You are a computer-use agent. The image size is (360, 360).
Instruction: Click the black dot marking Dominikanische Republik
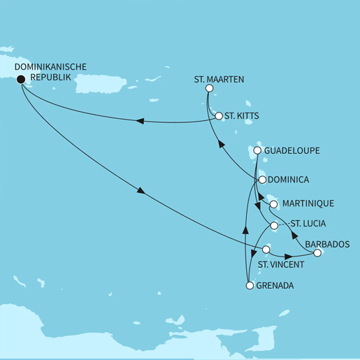tap(20, 79)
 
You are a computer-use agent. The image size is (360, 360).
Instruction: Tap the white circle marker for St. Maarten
tap(208, 89)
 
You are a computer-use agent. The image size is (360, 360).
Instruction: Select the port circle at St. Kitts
tap(219, 115)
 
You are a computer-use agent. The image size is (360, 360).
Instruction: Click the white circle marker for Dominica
tap(261, 180)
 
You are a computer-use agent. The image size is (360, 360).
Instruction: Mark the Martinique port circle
tap(275, 205)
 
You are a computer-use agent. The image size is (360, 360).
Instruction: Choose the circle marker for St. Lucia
tap(274, 226)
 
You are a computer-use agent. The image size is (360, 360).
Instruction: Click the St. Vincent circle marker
tap(265, 249)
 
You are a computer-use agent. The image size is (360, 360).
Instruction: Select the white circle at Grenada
tap(249, 285)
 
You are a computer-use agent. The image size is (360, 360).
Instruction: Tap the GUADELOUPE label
tap(291, 150)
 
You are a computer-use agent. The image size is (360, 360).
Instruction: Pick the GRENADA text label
tap(276, 286)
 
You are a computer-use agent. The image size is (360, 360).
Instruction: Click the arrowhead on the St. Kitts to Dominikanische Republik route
tap(140, 122)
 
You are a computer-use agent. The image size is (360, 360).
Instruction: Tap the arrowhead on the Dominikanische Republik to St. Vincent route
tap(142, 192)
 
